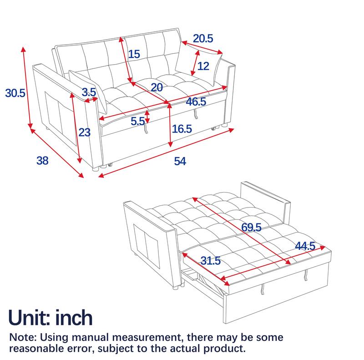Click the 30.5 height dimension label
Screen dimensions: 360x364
click(15, 93)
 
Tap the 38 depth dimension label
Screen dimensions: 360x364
click(42, 160)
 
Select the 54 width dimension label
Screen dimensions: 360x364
click(181, 161)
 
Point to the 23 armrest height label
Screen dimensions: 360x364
click(85, 132)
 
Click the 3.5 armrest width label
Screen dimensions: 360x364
click(88, 91)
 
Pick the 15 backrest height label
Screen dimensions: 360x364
click(134, 55)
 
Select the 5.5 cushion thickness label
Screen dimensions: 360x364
click(137, 121)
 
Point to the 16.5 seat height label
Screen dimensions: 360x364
click(182, 129)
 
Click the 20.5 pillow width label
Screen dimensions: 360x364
click(203, 39)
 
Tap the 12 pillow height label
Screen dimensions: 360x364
click(203, 66)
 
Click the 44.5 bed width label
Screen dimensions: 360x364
click(305, 246)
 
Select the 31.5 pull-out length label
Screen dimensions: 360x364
click(210, 261)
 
